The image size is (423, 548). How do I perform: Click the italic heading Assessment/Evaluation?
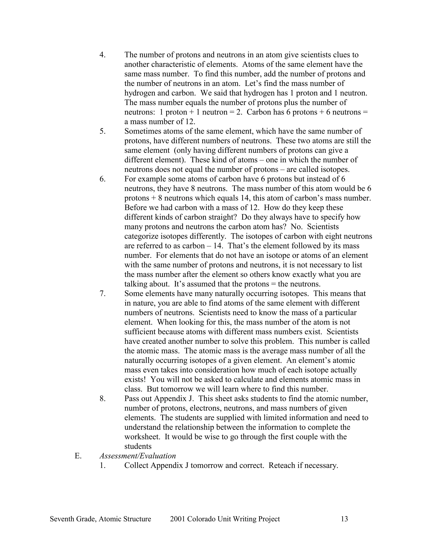point(138,456)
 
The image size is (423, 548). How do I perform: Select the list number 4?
point(102,55)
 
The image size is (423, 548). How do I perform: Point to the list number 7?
point(102,294)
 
